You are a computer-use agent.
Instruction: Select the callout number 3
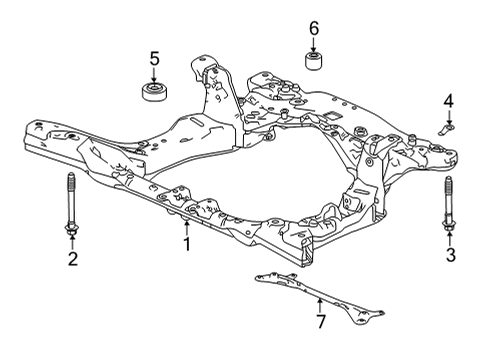[450, 256]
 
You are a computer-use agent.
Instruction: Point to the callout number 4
[449, 100]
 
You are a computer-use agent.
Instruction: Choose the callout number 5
[155, 59]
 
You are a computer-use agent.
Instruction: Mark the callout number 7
[320, 322]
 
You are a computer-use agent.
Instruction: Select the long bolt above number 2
[72, 205]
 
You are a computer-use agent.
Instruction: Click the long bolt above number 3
[449, 205]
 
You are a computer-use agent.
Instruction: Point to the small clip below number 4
[448, 127]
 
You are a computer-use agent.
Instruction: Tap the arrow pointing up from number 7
[320, 304]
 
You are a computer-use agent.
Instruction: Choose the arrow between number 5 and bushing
[155, 75]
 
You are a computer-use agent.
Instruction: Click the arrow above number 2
[72, 243]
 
